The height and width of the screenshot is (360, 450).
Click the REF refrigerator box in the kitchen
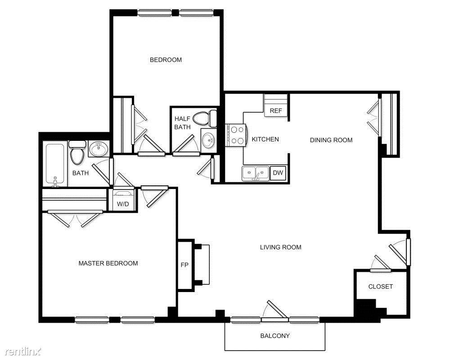275,111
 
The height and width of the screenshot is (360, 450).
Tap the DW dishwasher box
279,173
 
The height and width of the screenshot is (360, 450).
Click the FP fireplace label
184,265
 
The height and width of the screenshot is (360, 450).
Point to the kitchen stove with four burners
236,135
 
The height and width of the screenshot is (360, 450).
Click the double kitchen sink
255,173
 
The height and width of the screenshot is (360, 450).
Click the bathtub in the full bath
55,164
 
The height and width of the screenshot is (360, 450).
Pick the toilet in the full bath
77,153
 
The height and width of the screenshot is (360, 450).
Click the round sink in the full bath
98,148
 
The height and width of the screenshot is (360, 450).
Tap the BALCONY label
275,336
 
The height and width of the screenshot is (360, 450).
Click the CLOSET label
380,287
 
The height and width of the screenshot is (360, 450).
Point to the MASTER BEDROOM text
108,263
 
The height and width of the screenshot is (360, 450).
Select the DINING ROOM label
331,140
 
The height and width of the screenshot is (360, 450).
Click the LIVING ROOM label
281,247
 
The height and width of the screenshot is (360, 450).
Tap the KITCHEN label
265,139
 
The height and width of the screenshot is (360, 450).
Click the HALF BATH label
183,123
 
